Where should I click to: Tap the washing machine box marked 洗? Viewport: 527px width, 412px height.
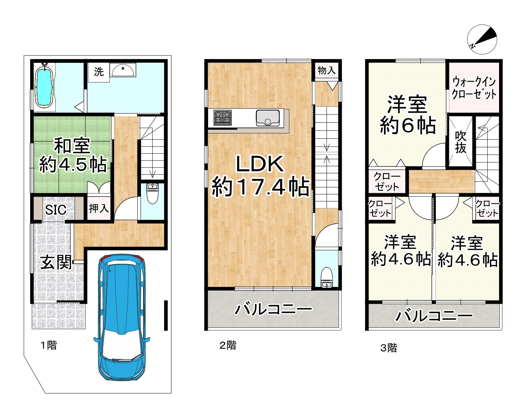tap(98, 72)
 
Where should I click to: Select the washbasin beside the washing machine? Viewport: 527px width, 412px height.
tap(123, 70)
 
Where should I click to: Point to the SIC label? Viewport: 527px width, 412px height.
tap(56, 210)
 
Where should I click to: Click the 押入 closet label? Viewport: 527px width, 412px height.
tap(99, 209)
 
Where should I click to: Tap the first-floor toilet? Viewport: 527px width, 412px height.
tap(152, 194)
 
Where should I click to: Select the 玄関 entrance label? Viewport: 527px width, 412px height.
tap(56, 262)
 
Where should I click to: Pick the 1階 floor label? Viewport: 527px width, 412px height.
tap(48, 345)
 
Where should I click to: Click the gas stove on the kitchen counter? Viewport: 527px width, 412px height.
tap(222, 118)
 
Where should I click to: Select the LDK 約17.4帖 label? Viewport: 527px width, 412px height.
tap(260, 176)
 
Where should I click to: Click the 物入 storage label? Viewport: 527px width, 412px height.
tap(327, 70)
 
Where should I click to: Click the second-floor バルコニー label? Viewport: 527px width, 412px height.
tap(273, 310)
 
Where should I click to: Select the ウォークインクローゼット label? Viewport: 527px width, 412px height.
tap(474, 88)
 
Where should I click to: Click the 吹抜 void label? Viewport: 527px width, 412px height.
tap(461, 142)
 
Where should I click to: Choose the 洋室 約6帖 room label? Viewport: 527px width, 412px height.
tap(407, 115)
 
